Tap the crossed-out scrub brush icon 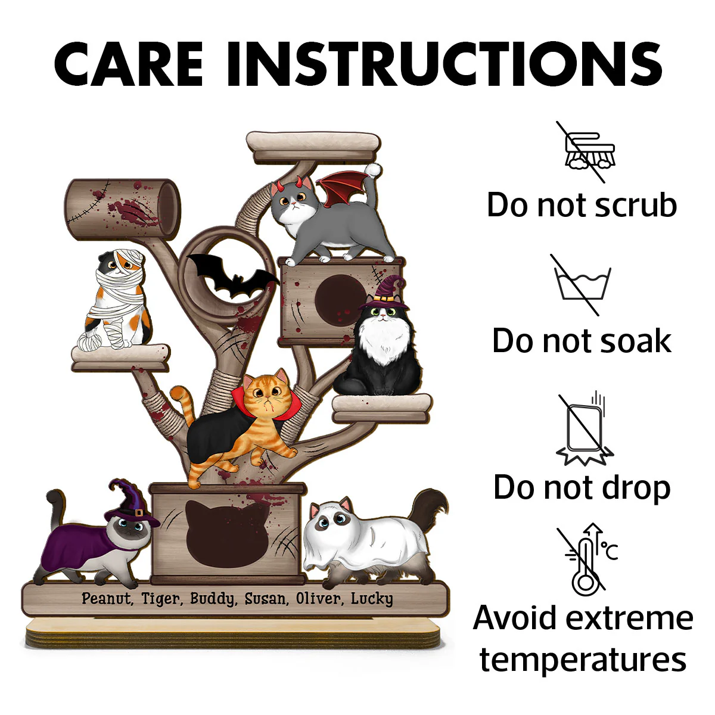586,152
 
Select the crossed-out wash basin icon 582,285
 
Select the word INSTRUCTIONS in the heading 444,64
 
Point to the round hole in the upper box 340,300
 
